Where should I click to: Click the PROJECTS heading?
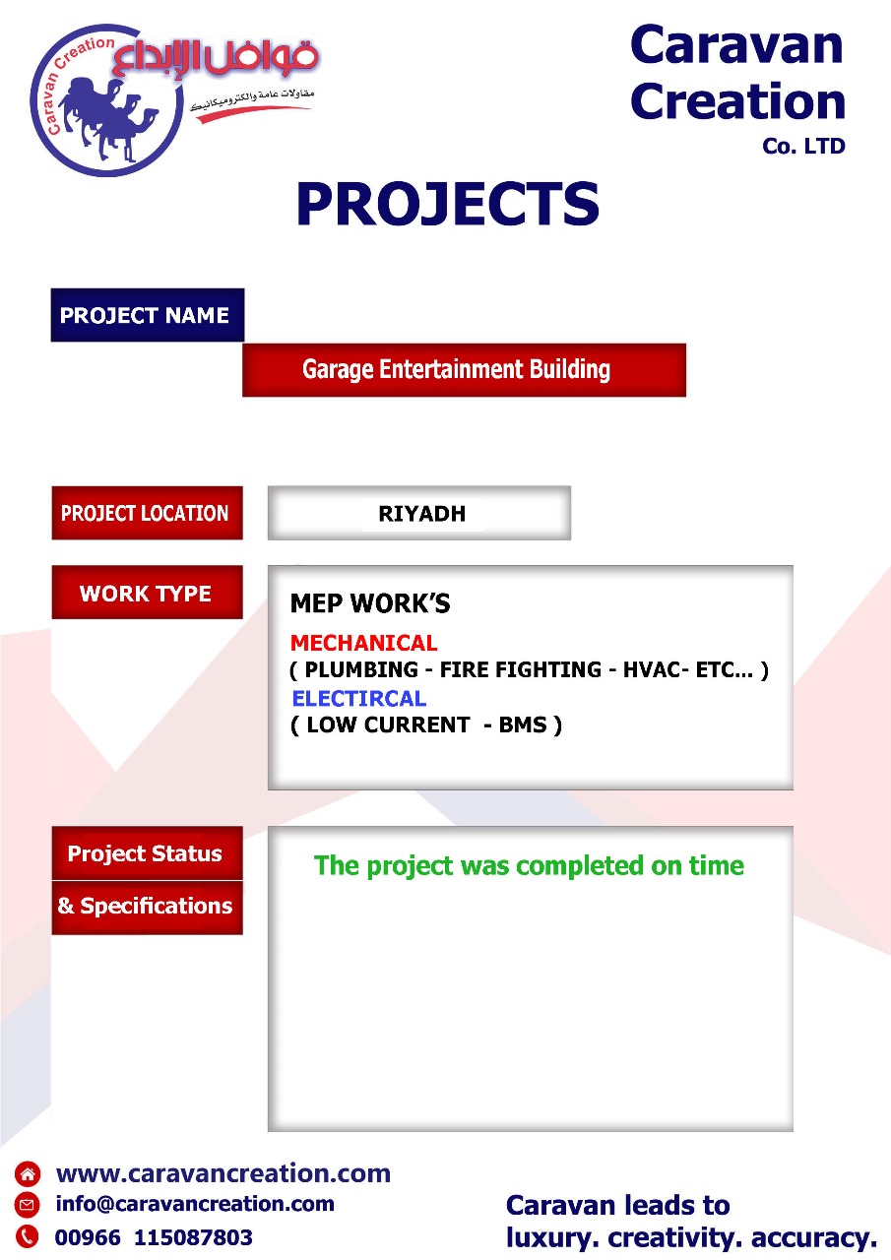tap(448, 204)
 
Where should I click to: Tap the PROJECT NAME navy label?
tap(148, 315)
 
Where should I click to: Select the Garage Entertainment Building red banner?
tap(464, 369)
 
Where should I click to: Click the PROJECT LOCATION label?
tap(148, 513)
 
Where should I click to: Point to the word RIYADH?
tap(422, 514)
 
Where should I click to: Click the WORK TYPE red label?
tap(148, 593)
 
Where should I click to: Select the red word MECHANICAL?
tap(364, 643)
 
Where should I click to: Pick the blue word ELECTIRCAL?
tap(359, 698)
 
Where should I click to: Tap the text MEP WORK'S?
tap(370, 603)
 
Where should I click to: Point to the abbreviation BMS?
tap(523, 724)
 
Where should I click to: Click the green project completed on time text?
tap(529, 865)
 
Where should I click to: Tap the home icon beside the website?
tap(27, 1173)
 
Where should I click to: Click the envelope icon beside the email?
tap(27, 1204)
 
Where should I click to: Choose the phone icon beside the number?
tap(27, 1235)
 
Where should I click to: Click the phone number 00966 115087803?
tap(154, 1237)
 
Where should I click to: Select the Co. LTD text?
tap(803, 147)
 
